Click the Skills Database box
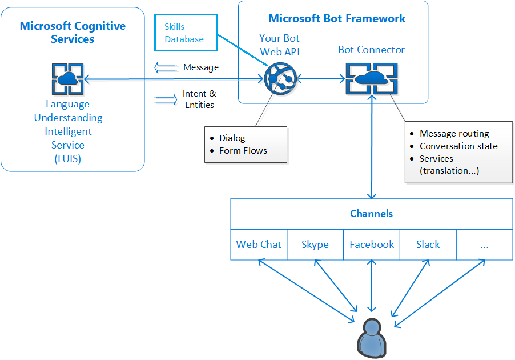[x=186, y=33]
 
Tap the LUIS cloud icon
[x=67, y=79]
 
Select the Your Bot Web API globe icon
[x=279, y=79]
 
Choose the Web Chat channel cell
[x=259, y=245]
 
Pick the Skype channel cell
[x=315, y=245]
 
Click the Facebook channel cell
[x=372, y=245]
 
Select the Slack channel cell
[x=428, y=245]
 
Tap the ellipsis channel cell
[x=484, y=245]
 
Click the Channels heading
[x=371, y=214]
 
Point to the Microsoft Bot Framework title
[x=337, y=18]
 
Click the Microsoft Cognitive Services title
[x=73, y=33]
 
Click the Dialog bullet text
[x=232, y=138]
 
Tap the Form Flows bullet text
[x=243, y=151]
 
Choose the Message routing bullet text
[x=454, y=134]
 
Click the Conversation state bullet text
[x=458, y=146]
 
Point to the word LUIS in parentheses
[x=67, y=159]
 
